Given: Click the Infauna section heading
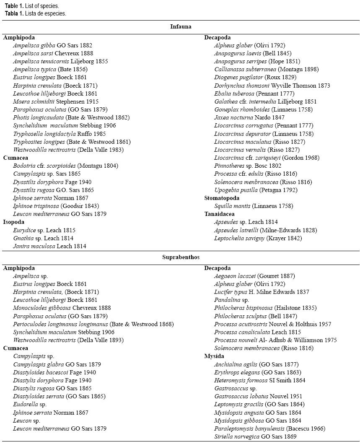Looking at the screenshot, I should (181, 27).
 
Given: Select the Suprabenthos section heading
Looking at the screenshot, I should (181, 257).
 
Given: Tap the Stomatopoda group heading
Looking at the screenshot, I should (222, 198).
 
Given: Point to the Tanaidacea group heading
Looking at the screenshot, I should (220, 214).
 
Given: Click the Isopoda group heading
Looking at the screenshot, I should (14, 222).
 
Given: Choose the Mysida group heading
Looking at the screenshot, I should (214, 356).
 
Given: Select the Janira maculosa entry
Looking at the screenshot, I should (49, 246).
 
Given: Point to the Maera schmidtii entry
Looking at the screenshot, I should (56, 101).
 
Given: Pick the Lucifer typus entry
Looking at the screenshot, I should (262, 292).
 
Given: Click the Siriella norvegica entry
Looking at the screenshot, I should (255, 436).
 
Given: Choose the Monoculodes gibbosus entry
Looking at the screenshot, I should (62, 308).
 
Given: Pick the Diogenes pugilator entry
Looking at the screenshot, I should (255, 77).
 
